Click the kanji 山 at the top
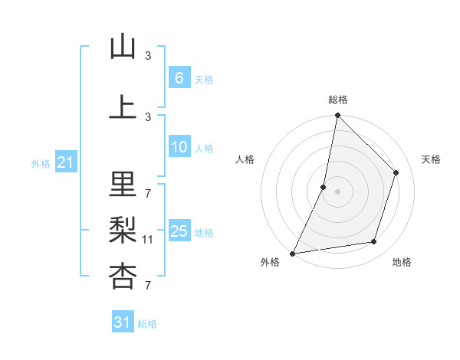point(123,47)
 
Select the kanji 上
point(123,107)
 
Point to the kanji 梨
point(123,231)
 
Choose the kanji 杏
point(123,277)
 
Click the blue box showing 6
point(179,78)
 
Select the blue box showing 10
point(179,148)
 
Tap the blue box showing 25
point(179,231)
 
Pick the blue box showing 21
point(65,162)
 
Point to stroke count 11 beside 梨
point(148,240)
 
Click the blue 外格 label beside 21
point(41,163)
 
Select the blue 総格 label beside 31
point(147,324)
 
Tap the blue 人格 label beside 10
point(203,149)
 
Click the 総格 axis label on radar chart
point(338,100)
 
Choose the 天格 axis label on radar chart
point(431,159)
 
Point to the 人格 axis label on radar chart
point(245,159)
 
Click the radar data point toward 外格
point(293,253)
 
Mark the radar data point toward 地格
point(374,242)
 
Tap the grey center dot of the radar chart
point(337,191)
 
